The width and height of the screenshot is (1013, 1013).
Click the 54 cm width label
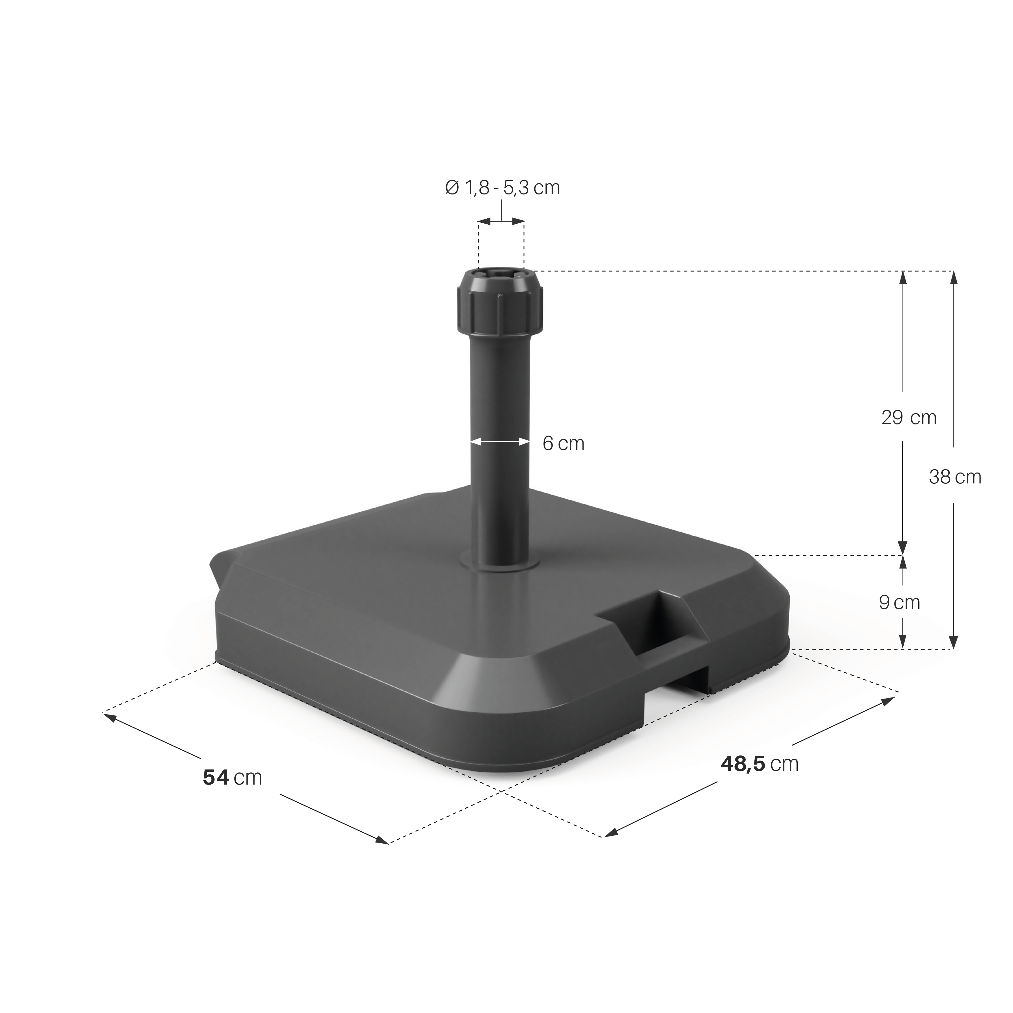tap(232, 777)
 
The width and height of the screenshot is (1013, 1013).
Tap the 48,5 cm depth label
tap(760, 763)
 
